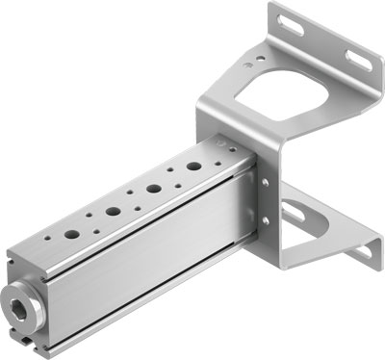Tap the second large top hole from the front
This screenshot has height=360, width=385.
[x=114, y=211]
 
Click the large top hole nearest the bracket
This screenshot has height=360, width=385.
[x=193, y=166]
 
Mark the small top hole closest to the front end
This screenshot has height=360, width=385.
[x=44, y=247]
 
